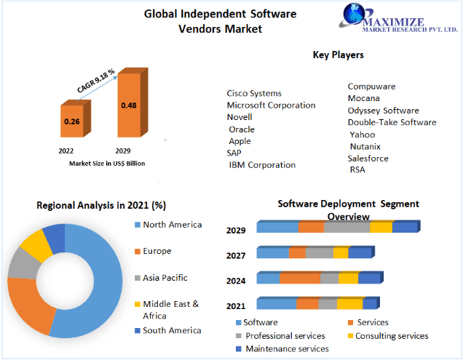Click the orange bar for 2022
point(72,121)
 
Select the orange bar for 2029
point(129,105)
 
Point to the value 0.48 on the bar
point(129,105)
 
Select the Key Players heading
point(338,55)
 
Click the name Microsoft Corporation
point(271,105)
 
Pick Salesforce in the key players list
point(368,158)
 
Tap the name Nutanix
point(365,146)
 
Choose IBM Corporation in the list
point(262,164)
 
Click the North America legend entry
point(172,225)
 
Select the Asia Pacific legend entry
point(165,277)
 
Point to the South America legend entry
point(172,330)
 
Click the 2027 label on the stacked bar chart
point(236,255)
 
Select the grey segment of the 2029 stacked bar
point(347,227)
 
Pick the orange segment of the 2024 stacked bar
point(299,278)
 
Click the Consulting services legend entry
point(391,336)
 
